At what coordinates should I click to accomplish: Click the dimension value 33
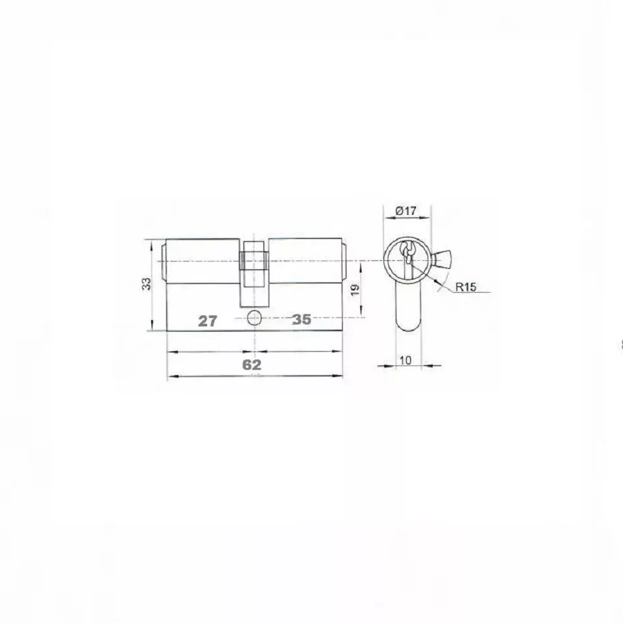(147, 284)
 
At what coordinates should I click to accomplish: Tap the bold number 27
(208, 321)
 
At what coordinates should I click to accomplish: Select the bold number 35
(301, 319)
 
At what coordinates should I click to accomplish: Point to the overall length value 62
(252, 364)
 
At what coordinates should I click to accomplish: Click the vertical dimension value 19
(356, 289)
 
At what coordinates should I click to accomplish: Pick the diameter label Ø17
(406, 211)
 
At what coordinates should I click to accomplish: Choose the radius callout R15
(465, 287)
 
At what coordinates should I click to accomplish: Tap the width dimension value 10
(405, 360)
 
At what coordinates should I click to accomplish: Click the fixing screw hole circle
(254, 317)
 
